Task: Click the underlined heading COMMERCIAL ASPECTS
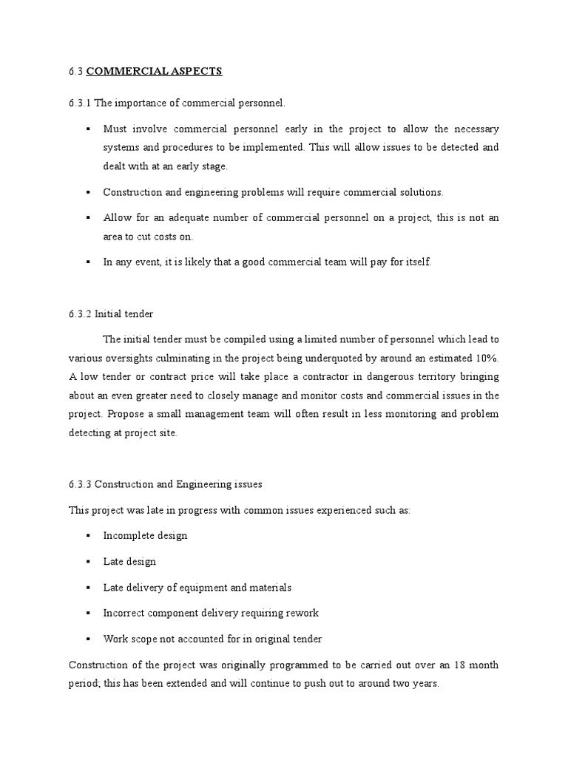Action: pos(154,72)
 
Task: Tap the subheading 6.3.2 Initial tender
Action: pos(110,314)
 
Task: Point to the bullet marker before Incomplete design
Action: pos(88,535)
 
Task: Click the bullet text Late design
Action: pos(129,561)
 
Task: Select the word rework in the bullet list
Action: pos(302,613)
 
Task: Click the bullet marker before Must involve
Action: pos(88,128)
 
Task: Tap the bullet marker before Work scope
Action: pos(88,639)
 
